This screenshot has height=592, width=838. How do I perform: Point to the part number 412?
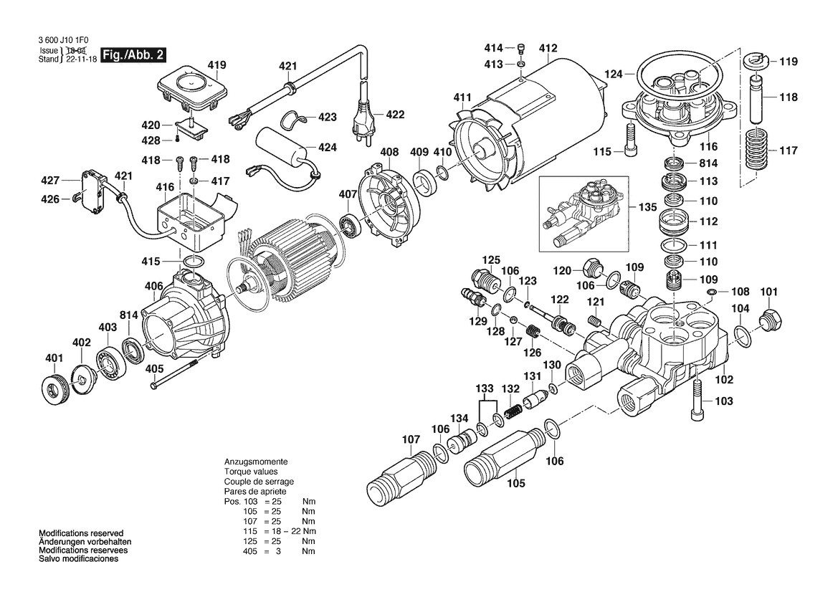point(548,49)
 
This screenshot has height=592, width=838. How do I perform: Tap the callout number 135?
point(647,206)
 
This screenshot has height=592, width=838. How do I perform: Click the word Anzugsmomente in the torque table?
point(256,462)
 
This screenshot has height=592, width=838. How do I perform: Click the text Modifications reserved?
point(81,533)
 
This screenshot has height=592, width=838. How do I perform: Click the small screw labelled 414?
point(521,49)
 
